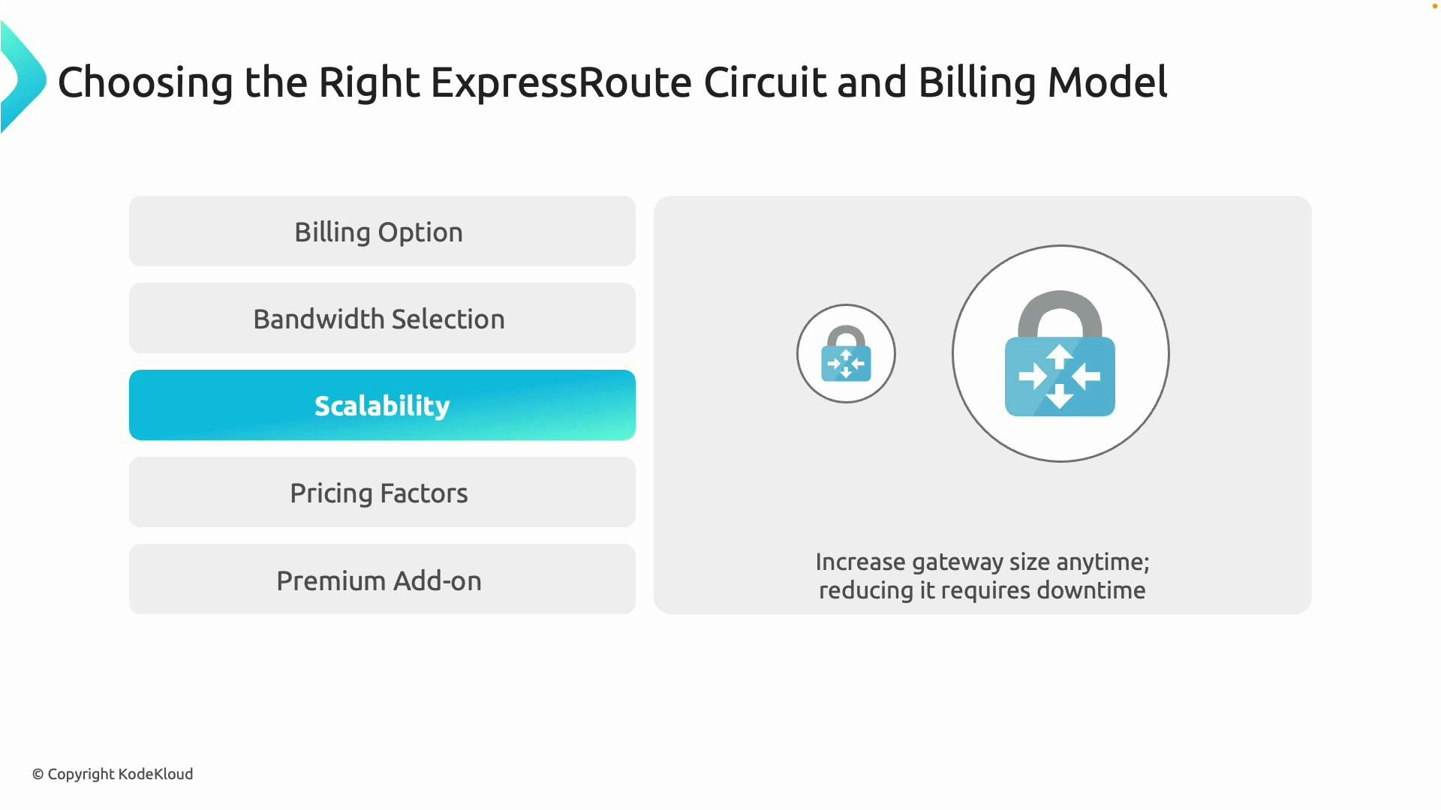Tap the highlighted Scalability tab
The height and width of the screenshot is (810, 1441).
pyautogui.click(x=382, y=406)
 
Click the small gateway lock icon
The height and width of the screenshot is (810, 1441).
pyautogui.click(x=846, y=354)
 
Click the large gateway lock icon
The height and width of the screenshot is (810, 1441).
pyautogui.click(x=1060, y=354)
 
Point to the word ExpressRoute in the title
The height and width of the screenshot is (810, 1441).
pyautogui.click(x=561, y=82)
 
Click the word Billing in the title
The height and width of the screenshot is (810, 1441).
pyautogui.click(x=976, y=82)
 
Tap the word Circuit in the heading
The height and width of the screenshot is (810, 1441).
pyautogui.click(x=764, y=82)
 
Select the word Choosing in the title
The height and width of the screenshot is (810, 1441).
pyautogui.click(x=145, y=82)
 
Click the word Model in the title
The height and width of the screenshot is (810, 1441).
pyautogui.click(x=1107, y=82)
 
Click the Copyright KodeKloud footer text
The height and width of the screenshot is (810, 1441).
pyautogui.click(x=113, y=774)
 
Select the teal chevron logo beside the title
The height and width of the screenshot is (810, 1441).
pyautogui.click(x=23, y=78)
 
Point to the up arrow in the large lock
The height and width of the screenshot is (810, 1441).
pyautogui.click(x=1060, y=355)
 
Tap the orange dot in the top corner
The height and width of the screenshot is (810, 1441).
pyautogui.click(x=1435, y=6)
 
